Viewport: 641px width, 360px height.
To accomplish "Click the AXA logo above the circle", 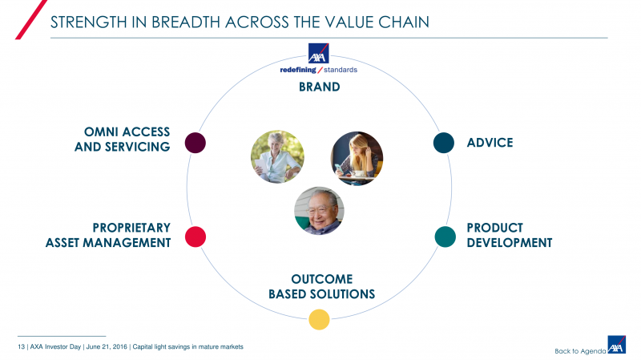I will [319, 54].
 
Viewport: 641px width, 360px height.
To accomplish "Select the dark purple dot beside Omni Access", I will [196, 143].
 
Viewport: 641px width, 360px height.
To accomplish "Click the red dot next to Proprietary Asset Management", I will [196, 237].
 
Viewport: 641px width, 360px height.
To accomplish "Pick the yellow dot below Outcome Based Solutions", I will [319, 319].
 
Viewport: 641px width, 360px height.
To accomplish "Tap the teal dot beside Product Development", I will [445, 237].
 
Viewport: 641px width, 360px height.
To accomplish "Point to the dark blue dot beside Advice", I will [444, 143].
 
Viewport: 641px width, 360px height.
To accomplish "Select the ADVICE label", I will [490, 143].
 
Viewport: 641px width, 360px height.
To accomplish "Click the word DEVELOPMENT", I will [510, 242].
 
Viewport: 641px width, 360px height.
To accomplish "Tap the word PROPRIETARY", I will [131, 228].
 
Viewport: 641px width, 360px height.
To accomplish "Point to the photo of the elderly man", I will [319, 211].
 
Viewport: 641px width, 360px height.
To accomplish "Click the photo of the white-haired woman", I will [277, 157].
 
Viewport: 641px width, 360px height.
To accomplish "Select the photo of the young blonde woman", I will [357, 158].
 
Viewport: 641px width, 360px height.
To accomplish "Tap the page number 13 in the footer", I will [21, 346].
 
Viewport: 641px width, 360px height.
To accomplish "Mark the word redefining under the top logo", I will [298, 70].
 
